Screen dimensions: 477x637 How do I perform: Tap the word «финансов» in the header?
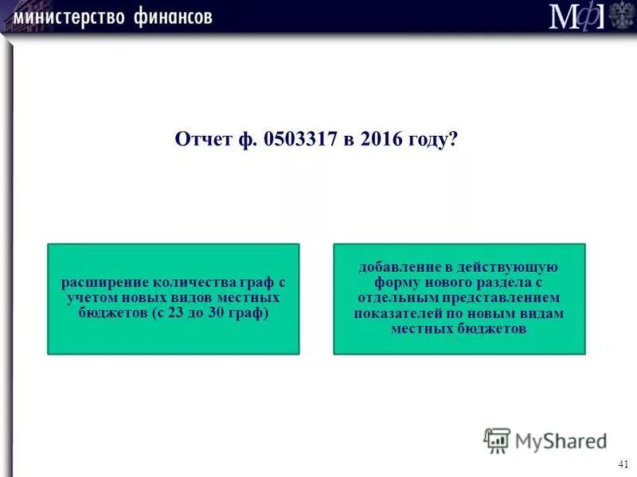(x=169, y=17)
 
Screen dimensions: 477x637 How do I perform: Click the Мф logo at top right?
(x=576, y=16)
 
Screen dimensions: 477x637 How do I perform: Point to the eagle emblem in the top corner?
(x=622, y=15)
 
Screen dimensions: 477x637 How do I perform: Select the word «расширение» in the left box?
(x=98, y=282)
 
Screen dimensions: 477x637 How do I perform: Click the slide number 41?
(x=622, y=464)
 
